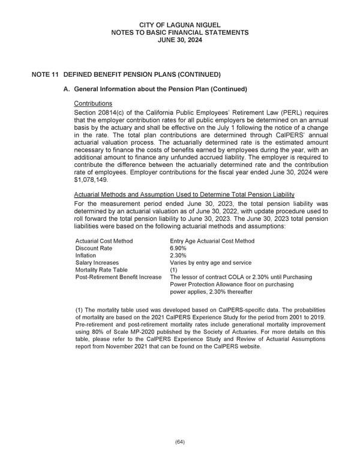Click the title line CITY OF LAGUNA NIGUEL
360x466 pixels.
(179, 24)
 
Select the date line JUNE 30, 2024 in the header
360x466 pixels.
(179, 40)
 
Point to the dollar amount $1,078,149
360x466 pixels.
(92, 179)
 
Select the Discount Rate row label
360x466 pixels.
(94, 248)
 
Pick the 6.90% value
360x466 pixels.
(179, 248)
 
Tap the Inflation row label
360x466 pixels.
(86, 255)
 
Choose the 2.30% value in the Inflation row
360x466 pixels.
(179, 255)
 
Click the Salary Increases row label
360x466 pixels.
(97, 262)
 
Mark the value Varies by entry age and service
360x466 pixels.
(211, 262)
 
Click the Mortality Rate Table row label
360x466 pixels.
(101, 270)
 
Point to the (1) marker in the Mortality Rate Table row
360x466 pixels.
(175, 270)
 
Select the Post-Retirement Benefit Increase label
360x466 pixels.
(118, 277)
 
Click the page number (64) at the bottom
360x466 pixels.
(179, 442)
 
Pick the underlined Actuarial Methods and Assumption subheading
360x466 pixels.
(184, 194)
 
